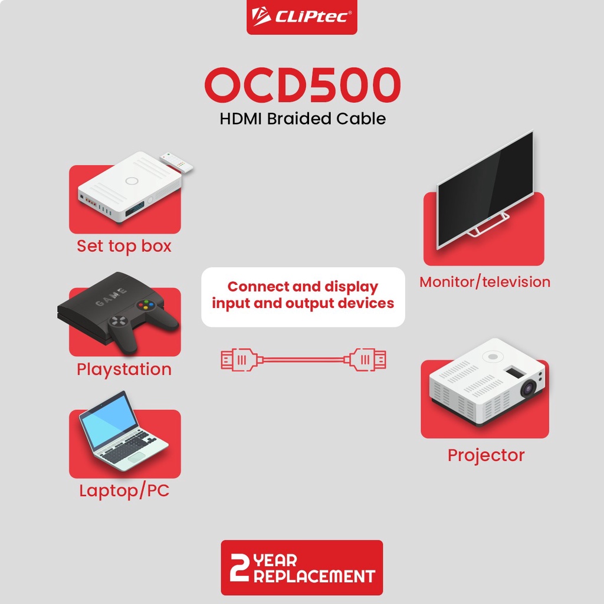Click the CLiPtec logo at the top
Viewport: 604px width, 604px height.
point(301,17)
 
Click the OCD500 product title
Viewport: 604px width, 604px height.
point(303,85)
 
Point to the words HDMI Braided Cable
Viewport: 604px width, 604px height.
point(303,119)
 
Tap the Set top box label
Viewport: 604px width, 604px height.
point(124,246)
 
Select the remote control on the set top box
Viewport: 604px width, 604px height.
point(176,162)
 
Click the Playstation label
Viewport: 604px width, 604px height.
point(124,369)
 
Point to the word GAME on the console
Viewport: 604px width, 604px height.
point(111,297)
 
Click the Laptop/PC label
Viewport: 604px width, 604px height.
point(124,491)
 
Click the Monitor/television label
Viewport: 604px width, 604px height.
point(485,282)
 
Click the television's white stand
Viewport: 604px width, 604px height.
point(488,225)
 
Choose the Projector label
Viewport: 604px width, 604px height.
point(486,455)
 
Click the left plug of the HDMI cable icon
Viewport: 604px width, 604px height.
point(239,360)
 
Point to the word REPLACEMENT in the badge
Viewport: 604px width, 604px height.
point(314,576)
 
